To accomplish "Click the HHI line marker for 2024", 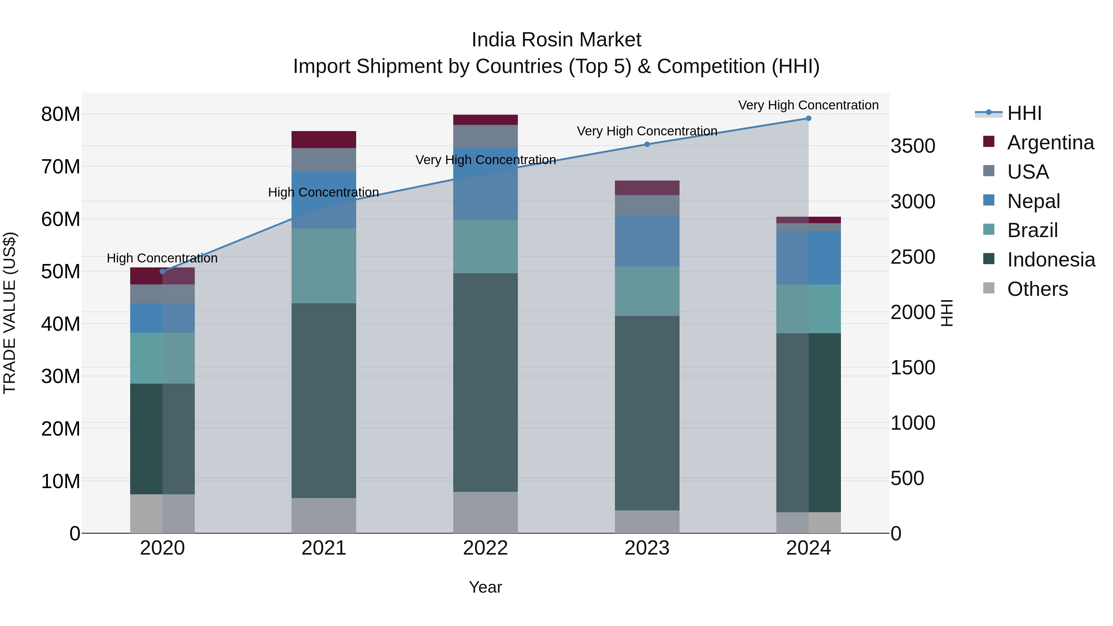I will pyautogui.click(x=808, y=118).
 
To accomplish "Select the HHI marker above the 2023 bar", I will pyautogui.click(x=647, y=144).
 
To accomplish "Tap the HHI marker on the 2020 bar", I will pyautogui.click(x=162, y=271).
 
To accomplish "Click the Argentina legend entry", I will pyautogui.click(x=1050, y=143).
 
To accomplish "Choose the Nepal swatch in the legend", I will pyautogui.click(x=989, y=200).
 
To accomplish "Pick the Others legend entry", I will pyautogui.click(x=1037, y=289).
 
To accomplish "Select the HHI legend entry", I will pyautogui.click(x=1024, y=113).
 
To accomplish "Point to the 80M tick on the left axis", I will pyautogui.click(x=61, y=114).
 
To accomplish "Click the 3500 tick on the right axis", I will pyautogui.click(x=913, y=146).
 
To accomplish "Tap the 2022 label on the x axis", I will pyautogui.click(x=485, y=548).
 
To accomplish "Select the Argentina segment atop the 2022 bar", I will pyautogui.click(x=485, y=120).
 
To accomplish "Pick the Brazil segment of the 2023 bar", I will pyautogui.click(x=647, y=291).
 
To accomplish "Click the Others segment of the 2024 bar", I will pyautogui.click(x=808, y=522).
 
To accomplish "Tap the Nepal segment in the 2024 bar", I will pyautogui.click(x=808, y=258).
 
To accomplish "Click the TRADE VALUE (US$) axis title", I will pyautogui.click(x=10, y=313).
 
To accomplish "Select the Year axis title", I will pyautogui.click(x=485, y=587).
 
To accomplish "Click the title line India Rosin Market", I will pyautogui.click(x=556, y=40).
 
